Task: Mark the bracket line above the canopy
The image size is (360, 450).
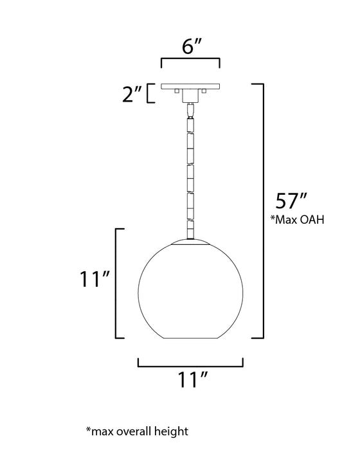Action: [x=190, y=60]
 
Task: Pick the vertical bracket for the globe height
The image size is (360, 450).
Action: [x=116, y=283]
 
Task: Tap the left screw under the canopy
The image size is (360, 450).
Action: [x=175, y=93]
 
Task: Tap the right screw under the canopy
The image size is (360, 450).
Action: [x=204, y=93]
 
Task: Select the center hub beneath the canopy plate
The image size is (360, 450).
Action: [x=190, y=96]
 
